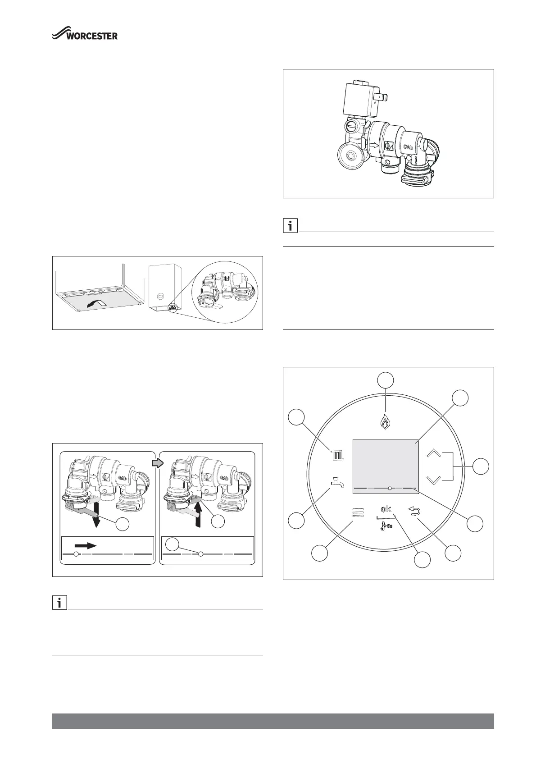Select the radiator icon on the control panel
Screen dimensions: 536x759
tap(337, 455)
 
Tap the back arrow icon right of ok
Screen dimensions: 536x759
tap(413, 510)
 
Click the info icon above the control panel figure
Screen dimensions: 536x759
tap(290, 226)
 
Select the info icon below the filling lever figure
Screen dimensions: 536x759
tap(59, 603)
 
